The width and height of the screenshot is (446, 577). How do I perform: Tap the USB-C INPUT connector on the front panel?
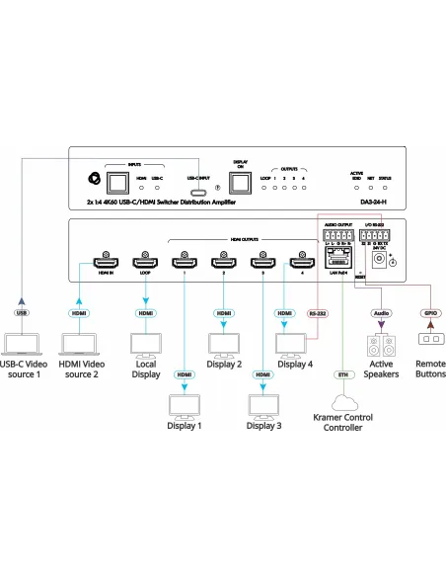(200, 192)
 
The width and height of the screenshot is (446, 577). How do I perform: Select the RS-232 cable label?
(318, 313)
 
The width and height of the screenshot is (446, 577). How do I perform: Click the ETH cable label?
(342, 374)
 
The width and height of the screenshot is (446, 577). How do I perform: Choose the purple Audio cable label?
(382, 313)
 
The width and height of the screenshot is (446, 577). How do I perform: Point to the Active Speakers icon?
(382, 346)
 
